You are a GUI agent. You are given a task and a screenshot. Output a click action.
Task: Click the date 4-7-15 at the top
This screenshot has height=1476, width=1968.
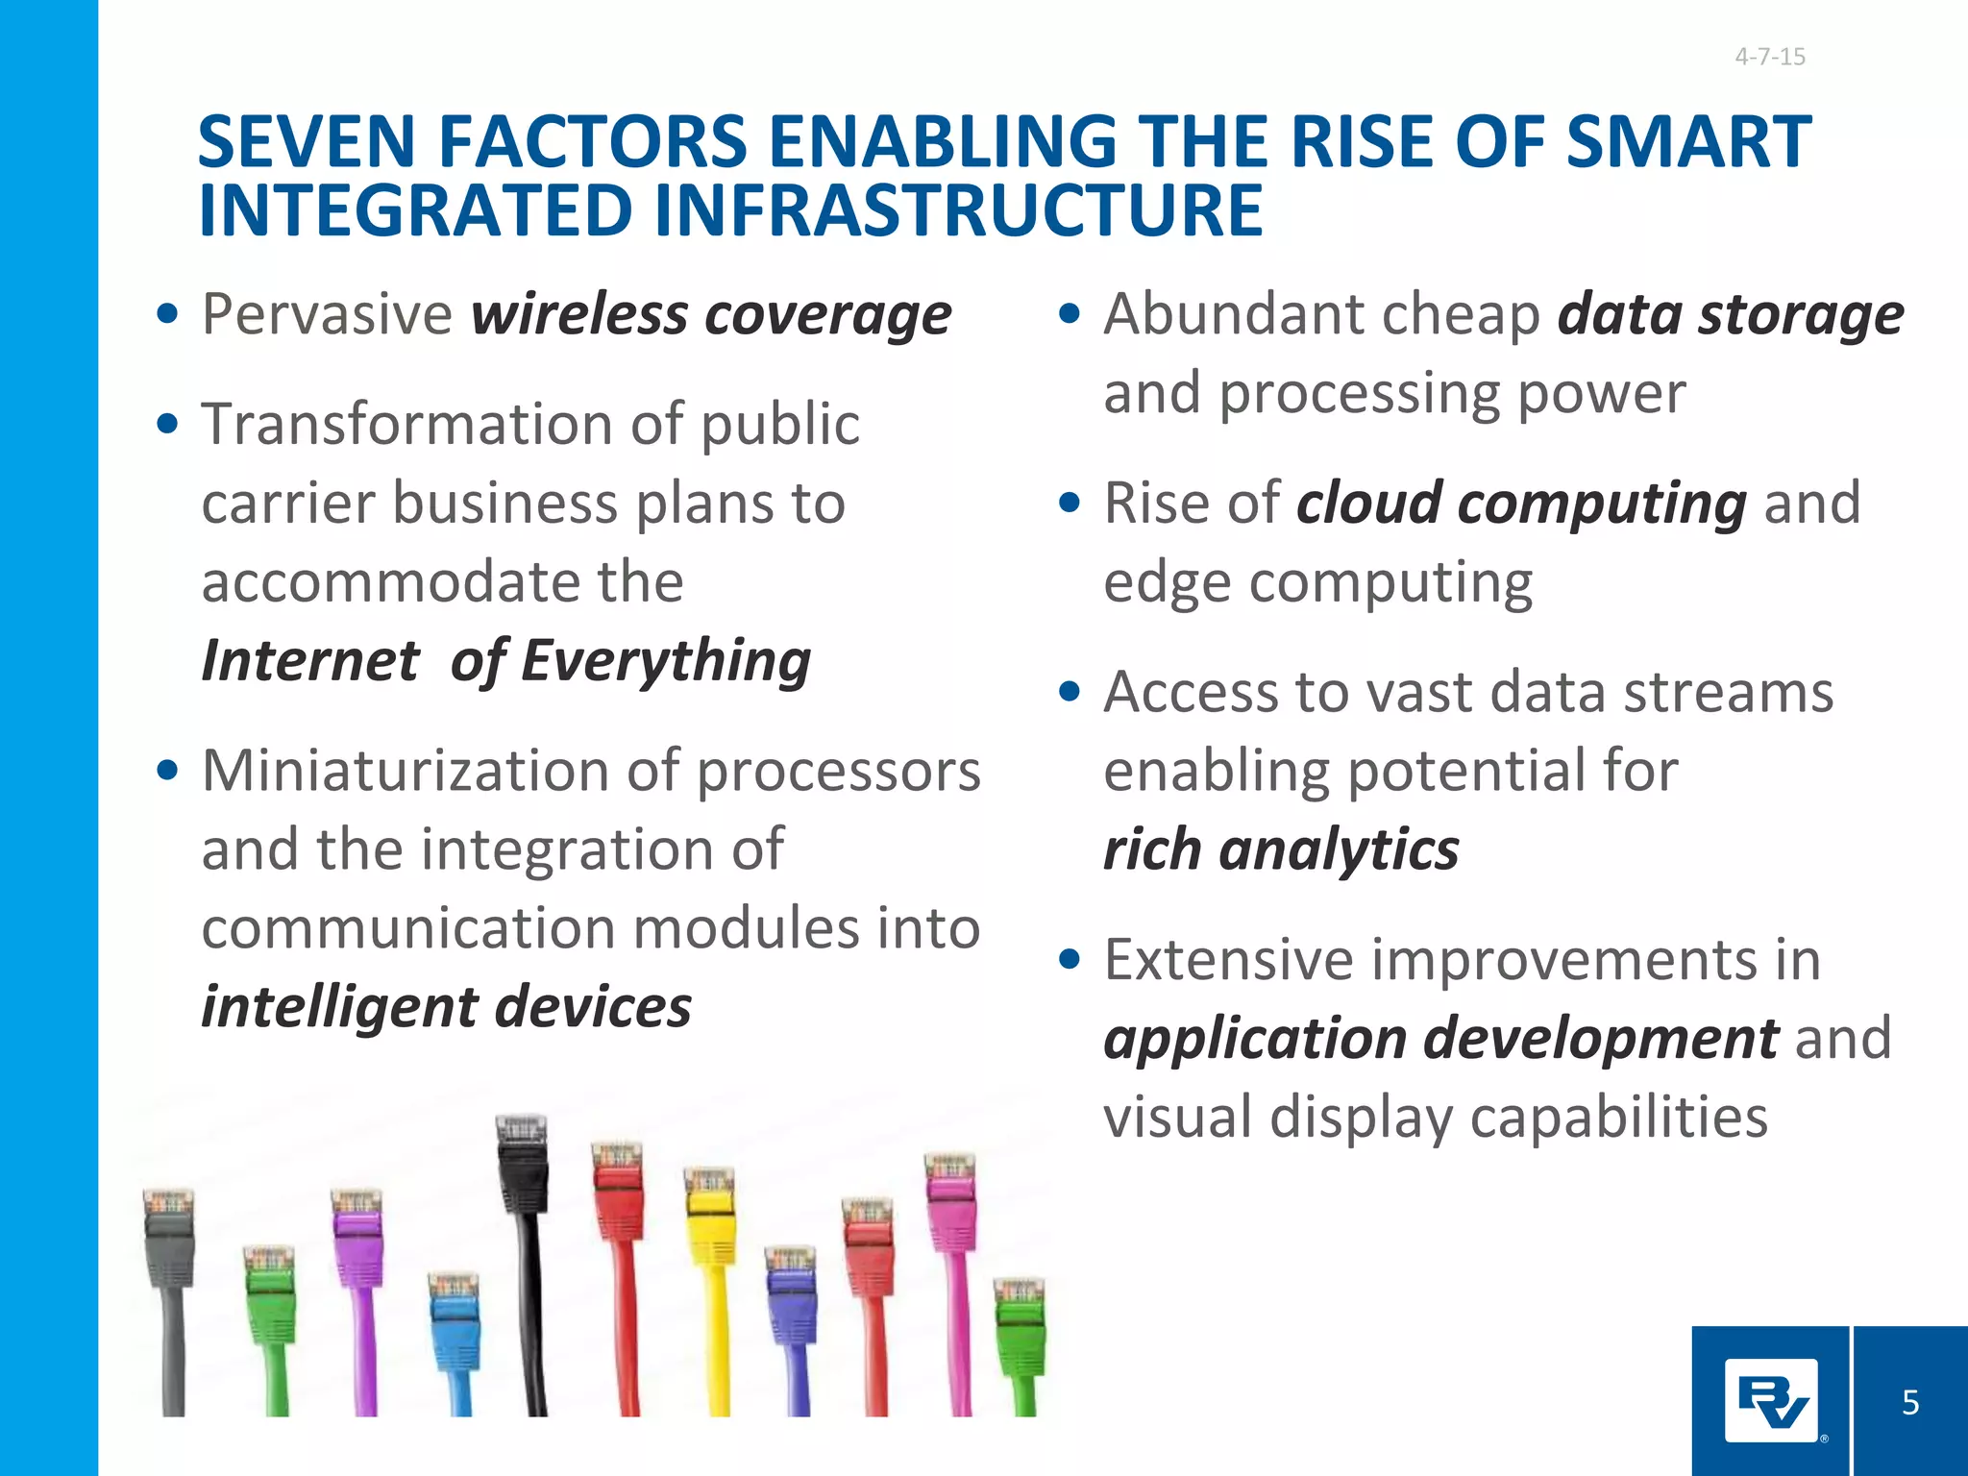1769,57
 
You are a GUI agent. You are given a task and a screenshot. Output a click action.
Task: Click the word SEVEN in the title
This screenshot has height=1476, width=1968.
305,142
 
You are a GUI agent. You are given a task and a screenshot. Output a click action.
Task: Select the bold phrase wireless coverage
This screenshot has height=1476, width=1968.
710,315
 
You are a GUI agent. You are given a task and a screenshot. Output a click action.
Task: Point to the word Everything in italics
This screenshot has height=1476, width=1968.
666,662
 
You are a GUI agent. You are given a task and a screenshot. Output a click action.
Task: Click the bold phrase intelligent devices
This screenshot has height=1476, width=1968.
446,1008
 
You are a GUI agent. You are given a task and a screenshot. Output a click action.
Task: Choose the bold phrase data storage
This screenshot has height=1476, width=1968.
1730,315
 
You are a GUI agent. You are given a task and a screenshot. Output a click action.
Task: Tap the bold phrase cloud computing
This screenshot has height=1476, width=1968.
1520,504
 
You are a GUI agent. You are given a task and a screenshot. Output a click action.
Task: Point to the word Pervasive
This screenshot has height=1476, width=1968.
327,315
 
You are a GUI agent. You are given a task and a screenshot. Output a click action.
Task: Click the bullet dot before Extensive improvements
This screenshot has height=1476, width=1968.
1070,960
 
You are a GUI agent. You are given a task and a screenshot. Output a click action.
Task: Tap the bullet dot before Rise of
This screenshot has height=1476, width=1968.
1070,504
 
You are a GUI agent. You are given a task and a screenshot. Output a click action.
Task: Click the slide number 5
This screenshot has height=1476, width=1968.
1910,1403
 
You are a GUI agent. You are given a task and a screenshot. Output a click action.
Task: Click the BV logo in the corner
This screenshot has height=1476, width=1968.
1771,1401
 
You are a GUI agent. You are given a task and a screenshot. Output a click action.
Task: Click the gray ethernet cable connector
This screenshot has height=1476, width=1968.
169,1240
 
